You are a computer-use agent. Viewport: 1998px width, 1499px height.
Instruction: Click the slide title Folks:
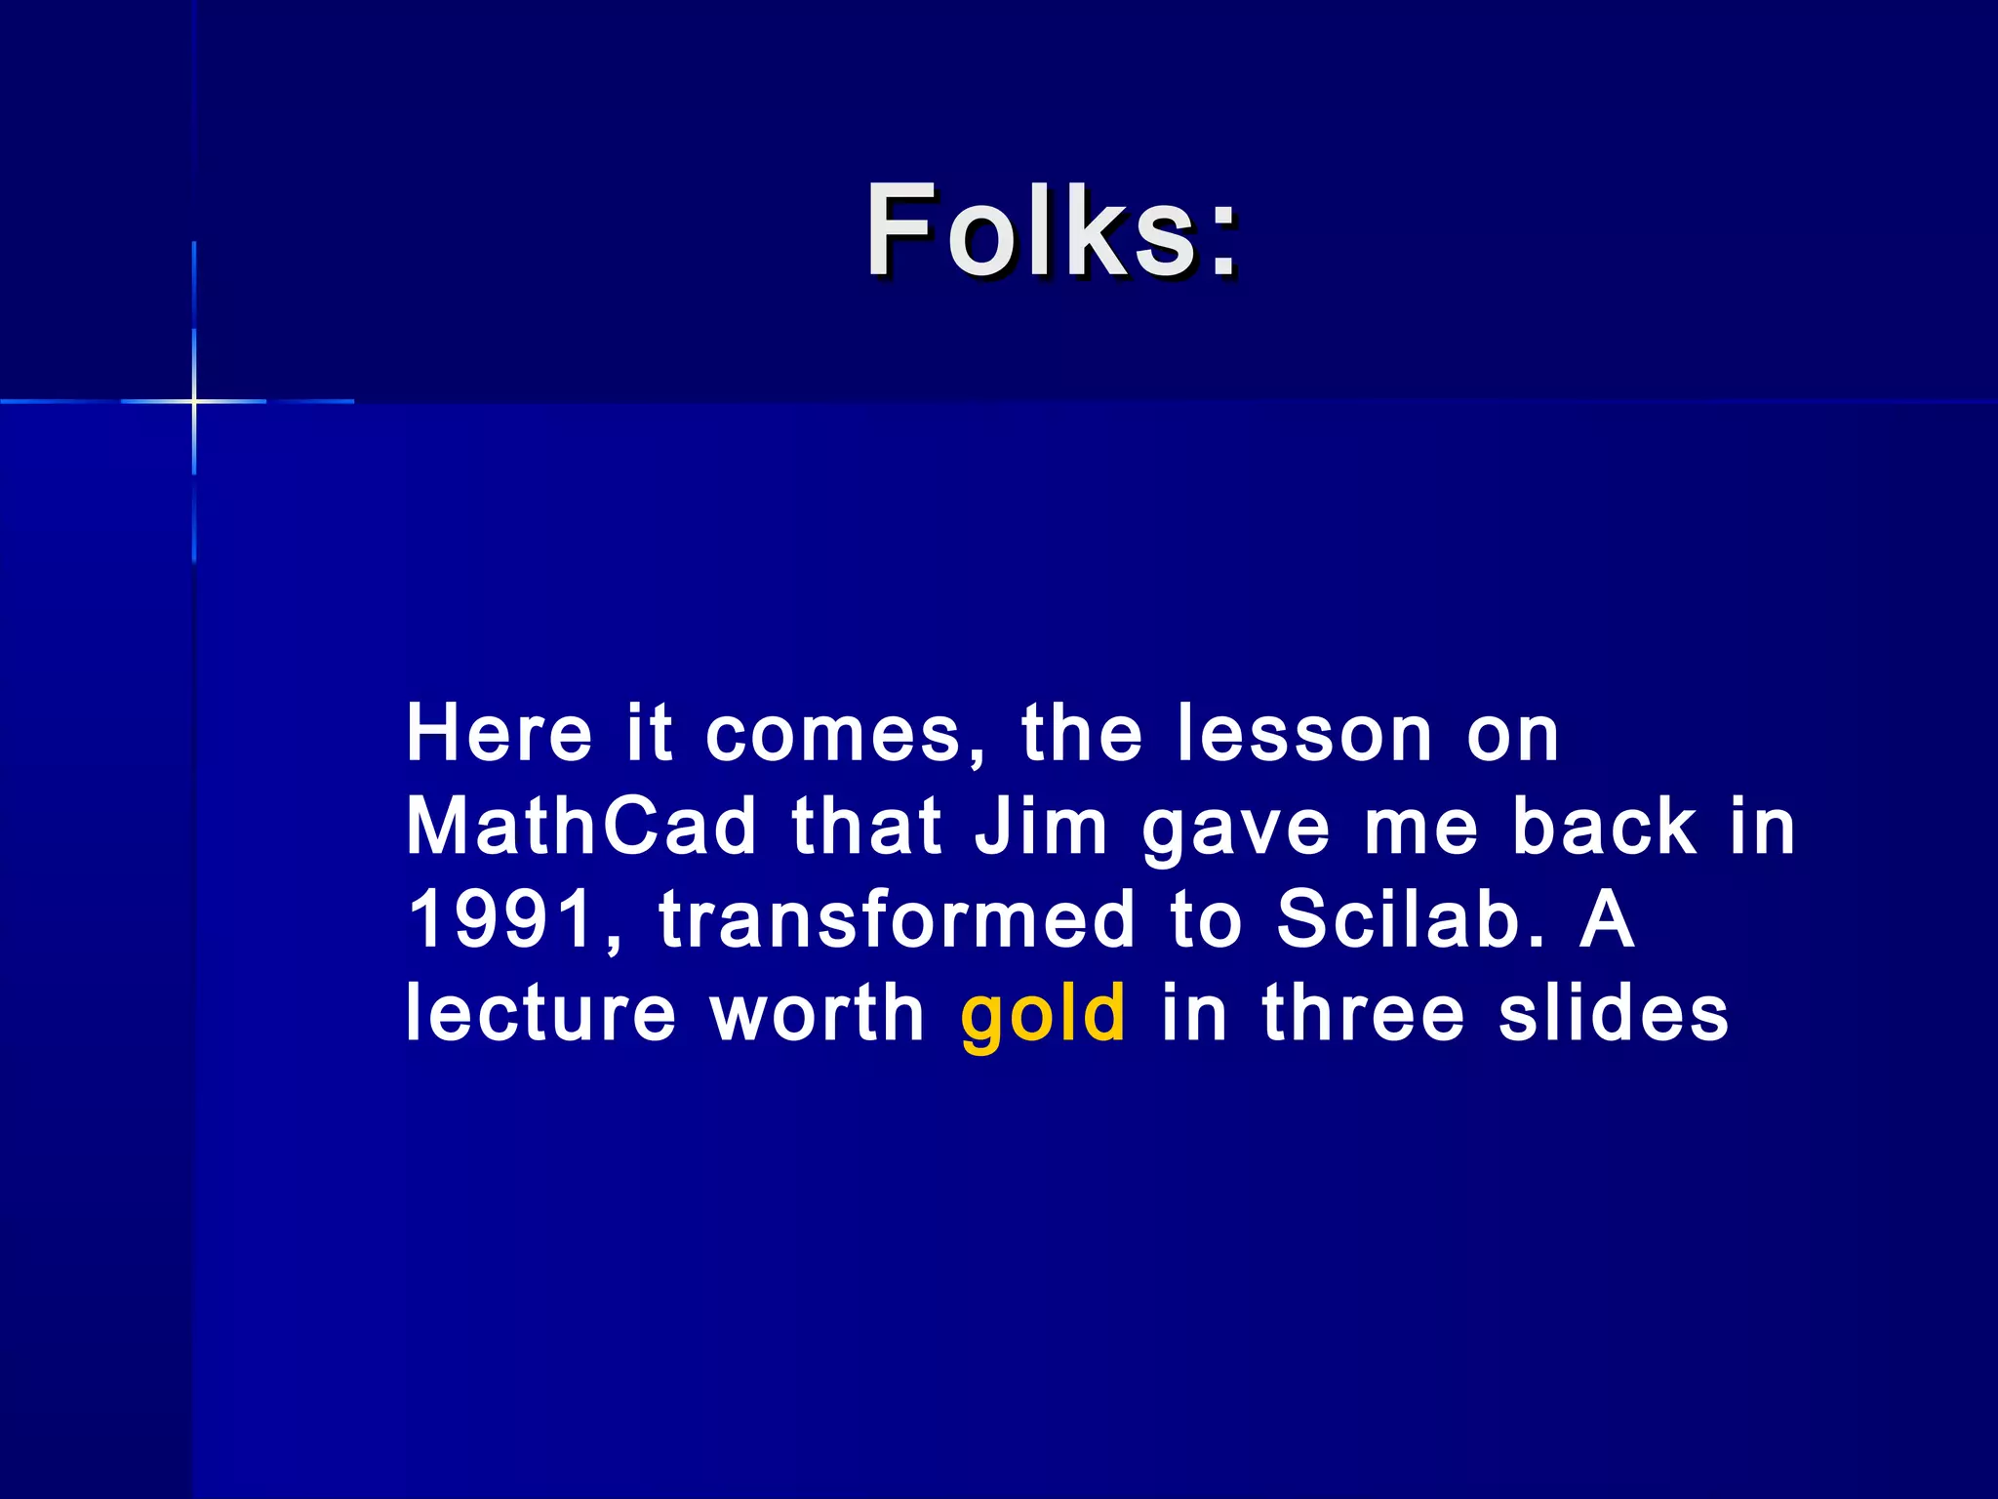pos(1053,230)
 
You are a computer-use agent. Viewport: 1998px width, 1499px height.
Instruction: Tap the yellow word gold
pos(1043,1015)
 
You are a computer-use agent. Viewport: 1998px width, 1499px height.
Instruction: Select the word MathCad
pos(581,826)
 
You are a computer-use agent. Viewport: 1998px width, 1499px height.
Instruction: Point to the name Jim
pos(1041,826)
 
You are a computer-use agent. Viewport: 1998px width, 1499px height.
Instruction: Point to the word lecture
pos(540,1013)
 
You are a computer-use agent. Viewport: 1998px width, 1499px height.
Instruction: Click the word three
pos(1363,1013)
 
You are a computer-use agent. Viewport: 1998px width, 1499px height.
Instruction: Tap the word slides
pos(1614,1013)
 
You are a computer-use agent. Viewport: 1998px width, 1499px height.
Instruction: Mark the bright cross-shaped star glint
pos(194,401)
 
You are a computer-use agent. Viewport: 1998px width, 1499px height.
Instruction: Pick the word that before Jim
pos(866,826)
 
